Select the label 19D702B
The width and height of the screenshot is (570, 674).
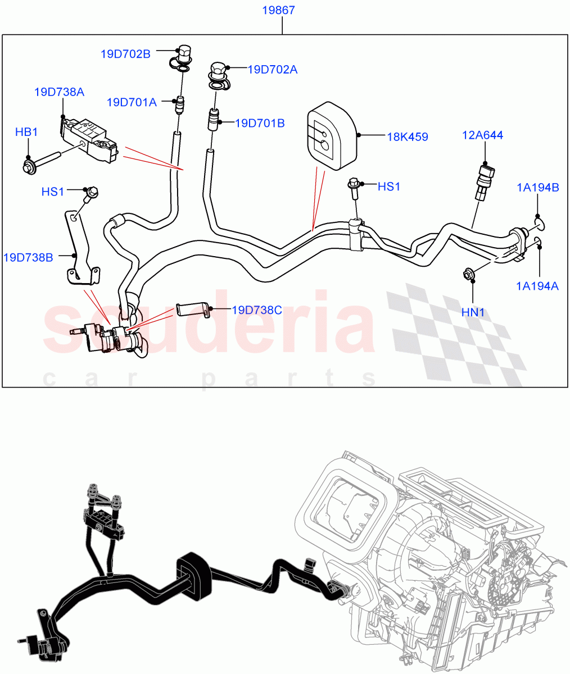click(x=125, y=54)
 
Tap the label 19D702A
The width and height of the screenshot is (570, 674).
click(x=273, y=70)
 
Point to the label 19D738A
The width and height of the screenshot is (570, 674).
click(x=59, y=92)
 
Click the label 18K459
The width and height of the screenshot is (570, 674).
click(x=407, y=136)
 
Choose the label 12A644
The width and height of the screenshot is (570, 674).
click(x=482, y=135)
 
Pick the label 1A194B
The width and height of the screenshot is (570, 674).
click(x=538, y=188)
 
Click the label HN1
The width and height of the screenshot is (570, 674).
click(x=473, y=312)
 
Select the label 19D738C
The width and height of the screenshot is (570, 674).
click(x=256, y=310)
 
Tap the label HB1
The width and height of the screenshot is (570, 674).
click(x=26, y=132)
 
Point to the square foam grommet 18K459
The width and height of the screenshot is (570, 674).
click(x=332, y=135)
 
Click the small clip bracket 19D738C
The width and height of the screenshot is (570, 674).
click(x=192, y=309)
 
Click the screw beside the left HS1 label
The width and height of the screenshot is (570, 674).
click(x=91, y=194)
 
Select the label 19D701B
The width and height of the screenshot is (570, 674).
click(x=260, y=122)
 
